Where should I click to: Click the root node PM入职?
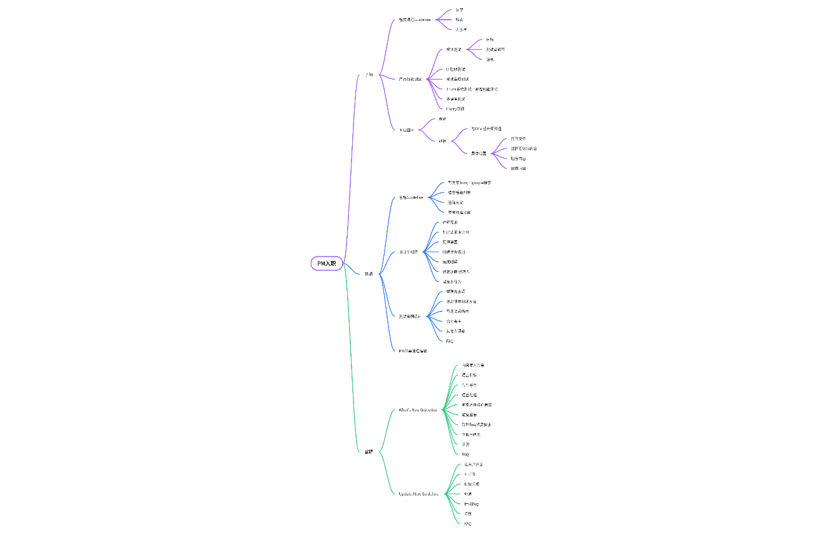pos(327,263)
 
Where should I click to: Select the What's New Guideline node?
pos(418,410)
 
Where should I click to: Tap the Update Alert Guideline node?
pos(418,494)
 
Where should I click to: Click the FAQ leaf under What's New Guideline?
pos(466,454)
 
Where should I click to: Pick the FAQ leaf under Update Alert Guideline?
pos(467,524)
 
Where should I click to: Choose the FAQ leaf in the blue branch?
pos(450,341)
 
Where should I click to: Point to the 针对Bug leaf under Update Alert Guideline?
pos(471,504)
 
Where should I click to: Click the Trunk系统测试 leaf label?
pos(471,89)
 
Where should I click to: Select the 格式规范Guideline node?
pos(415,20)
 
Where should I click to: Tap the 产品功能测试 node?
pos(410,79)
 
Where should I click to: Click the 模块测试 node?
pos(453,49)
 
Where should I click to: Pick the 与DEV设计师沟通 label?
pos(486,129)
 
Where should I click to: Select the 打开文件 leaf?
pos(518,138)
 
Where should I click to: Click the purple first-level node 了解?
pos(369,75)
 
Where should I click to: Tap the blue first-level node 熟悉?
pos(369,274)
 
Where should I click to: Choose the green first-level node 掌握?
pos(369,452)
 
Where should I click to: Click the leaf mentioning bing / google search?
pos(469,183)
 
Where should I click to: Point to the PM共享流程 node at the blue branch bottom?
pos(413,351)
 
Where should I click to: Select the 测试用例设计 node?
pos(409,316)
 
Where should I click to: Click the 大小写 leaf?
pos(460,29)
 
